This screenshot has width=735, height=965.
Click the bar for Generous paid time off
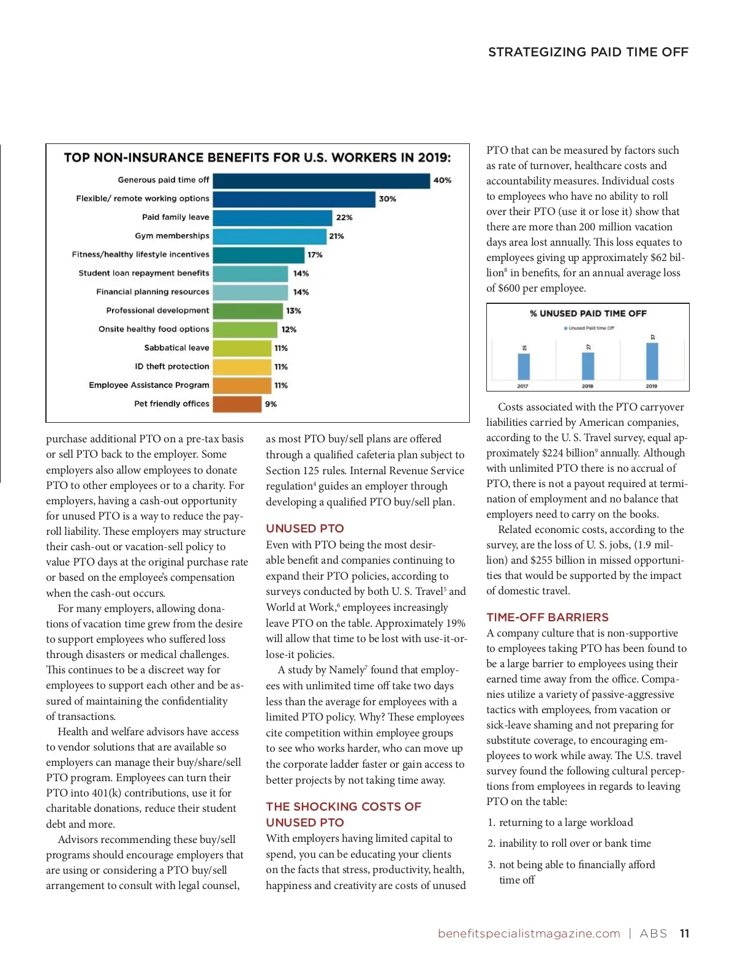(x=321, y=181)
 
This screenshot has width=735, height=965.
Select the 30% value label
(x=387, y=199)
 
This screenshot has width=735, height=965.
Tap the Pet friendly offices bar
(x=237, y=404)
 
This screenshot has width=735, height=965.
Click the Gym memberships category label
(x=172, y=236)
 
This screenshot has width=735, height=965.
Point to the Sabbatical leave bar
(x=242, y=348)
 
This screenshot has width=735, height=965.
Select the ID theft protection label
(x=172, y=366)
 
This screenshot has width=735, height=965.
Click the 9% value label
(x=271, y=404)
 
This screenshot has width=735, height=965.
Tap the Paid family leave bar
(x=273, y=218)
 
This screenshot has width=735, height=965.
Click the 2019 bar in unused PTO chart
(x=652, y=361)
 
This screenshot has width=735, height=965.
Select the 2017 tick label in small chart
(x=522, y=386)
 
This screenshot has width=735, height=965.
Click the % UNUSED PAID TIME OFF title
(x=588, y=314)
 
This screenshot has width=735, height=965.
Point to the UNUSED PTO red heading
(x=305, y=529)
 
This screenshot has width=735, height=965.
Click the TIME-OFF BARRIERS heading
(x=548, y=618)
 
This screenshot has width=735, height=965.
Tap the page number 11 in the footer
(x=684, y=934)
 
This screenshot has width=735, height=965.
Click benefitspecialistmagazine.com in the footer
(x=529, y=934)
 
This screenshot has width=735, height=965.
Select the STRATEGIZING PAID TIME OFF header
(x=588, y=52)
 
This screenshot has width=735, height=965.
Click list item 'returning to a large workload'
(x=566, y=823)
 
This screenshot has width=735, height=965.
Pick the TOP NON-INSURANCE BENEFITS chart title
(x=257, y=158)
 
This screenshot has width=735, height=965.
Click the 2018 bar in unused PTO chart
(x=587, y=366)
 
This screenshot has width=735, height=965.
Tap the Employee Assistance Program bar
(x=242, y=385)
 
